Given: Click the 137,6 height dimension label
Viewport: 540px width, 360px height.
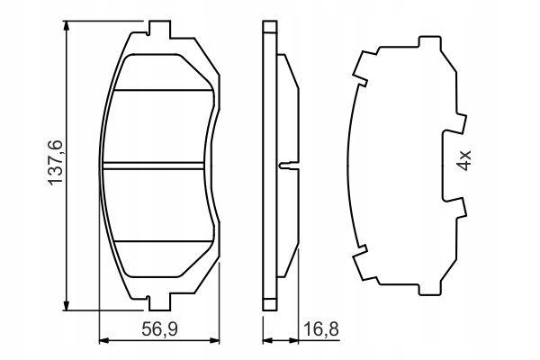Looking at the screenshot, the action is [x=55, y=163].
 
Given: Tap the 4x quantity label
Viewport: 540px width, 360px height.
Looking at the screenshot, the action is [x=464, y=160].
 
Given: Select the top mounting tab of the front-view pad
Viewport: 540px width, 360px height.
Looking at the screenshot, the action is [x=159, y=30].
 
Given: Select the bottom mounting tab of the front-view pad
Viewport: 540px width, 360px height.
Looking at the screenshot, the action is [x=159, y=301].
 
